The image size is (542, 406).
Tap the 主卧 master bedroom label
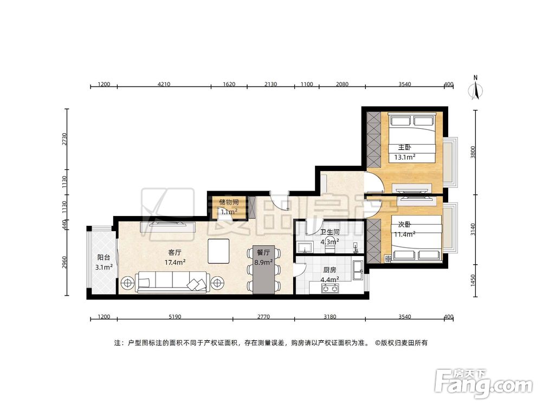click(x=405, y=147)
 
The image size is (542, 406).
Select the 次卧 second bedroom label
click(x=404, y=225)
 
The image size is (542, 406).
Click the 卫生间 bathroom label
click(x=330, y=232)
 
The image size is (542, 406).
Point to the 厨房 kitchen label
click(x=330, y=270)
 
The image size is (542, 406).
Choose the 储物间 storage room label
click(x=229, y=202)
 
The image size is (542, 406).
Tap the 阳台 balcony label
click(x=104, y=257)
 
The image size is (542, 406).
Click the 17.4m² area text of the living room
click(x=175, y=263)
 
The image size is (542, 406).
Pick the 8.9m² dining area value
click(x=263, y=263)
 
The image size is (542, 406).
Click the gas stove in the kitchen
click(x=330, y=288)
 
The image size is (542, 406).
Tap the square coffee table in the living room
click(x=218, y=251)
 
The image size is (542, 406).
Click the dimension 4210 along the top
click(x=164, y=84)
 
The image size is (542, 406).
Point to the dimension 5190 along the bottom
click(x=175, y=317)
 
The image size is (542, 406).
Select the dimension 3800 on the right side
click(x=473, y=152)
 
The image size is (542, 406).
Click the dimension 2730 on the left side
click(x=64, y=139)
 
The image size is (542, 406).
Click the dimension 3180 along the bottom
click(x=330, y=317)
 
